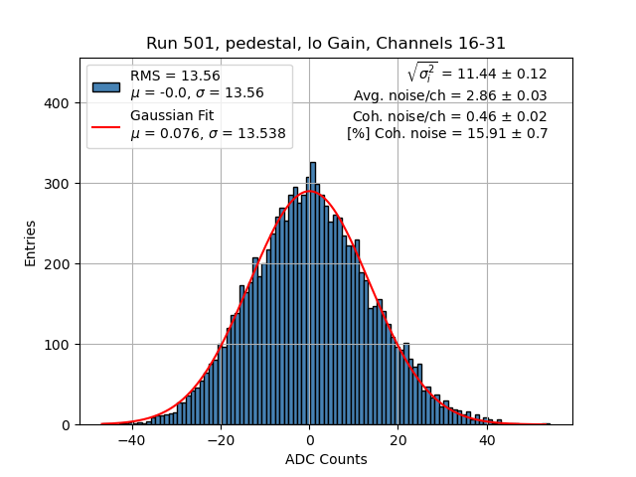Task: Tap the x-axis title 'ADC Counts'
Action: (x=326, y=459)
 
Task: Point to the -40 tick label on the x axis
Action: (x=131, y=440)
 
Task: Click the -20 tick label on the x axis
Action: (x=220, y=440)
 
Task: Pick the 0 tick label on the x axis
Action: (x=309, y=440)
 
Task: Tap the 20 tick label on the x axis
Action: (x=397, y=440)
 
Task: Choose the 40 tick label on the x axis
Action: (x=486, y=440)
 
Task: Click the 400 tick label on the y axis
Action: (x=59, y=103)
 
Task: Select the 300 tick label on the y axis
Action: (x=59, y=184)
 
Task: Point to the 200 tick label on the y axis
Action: (x=59, y=264)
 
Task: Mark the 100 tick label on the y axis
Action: (x=59, y=345)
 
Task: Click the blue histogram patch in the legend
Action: (x=105, y=85)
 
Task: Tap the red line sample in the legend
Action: (x=105, y=126)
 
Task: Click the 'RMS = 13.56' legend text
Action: (x=175, y=76)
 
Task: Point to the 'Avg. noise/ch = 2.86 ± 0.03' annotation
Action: (x=450, y=96)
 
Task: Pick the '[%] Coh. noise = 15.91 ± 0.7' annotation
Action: (x=447, y=133)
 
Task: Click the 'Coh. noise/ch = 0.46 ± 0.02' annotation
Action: (x=449, y=115)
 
